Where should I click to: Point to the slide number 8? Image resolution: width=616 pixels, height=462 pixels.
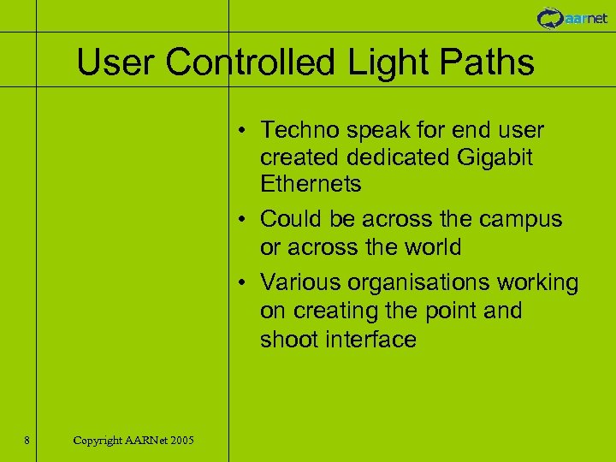pyautogui.click(x=27, y=441)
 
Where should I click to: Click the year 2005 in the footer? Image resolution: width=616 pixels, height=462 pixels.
pyautogui.click(x=181, y=441)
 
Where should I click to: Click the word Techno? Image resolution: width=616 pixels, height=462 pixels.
pyautogui.click(x=299, y=130)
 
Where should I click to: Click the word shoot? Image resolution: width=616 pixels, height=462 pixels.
pyautogui.click(x=289, y=340)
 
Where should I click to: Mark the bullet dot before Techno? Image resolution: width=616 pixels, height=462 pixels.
pyautogui.click(x=244, y=131)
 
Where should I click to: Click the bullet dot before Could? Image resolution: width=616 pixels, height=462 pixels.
pyautogui.click(x=244, y=220)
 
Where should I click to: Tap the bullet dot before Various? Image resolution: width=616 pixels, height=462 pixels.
pyautogui.click(x=244, y=283)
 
